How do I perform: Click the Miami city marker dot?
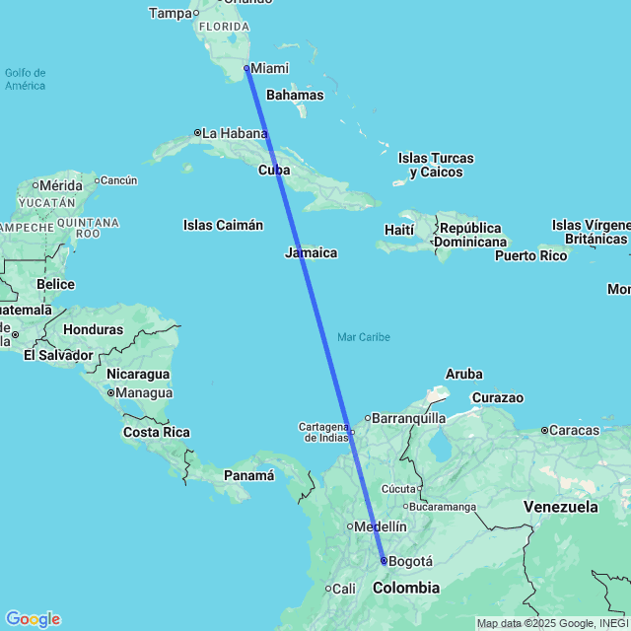(246, 68)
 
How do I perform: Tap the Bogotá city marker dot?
(384, 560)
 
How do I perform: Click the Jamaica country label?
(311, 252)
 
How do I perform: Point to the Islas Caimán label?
(223, 225)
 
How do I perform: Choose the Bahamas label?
(295, 96)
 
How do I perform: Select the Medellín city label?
(382, 526)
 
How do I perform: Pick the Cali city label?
(343, 589)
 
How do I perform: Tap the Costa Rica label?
(156, 432)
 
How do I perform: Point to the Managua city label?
(145, 392)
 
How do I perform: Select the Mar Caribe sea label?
(364, 337)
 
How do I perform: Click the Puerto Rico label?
(531, 255)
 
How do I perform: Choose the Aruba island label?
(464, 374)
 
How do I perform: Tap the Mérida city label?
(60, 184)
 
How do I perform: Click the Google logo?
(33, 619)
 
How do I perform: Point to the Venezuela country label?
(560, 507)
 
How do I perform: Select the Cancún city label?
(118, 179)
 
